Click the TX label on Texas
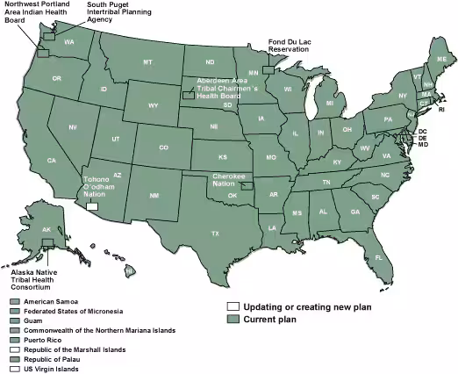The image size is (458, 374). (x=214, y=234)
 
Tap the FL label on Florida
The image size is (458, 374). (x=379, y=257)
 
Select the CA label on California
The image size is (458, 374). (x=52, y=161)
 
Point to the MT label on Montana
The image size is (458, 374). (x=147, y=62)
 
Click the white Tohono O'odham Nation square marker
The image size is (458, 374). (x=93, y=206)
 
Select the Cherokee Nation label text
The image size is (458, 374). (x=228, y=180)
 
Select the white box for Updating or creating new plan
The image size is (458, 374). (x=233, y=306)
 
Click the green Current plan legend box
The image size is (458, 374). (x=233, y=319)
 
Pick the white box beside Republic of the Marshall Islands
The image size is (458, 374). (x=14, y=349)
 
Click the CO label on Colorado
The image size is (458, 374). (x=163, y=147)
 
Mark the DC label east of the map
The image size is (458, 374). (x=422, y=131)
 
